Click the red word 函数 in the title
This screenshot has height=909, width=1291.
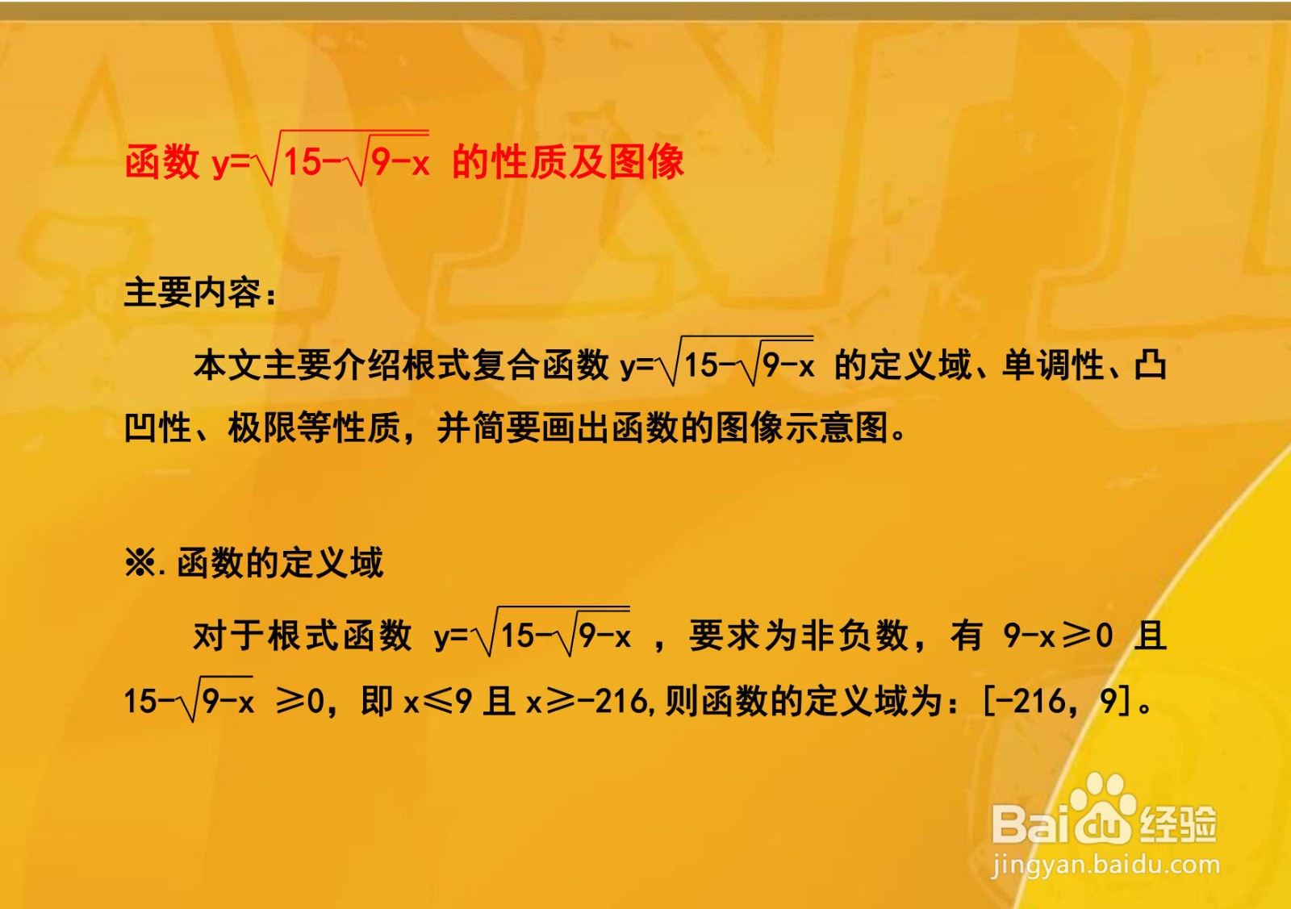pos(162,162)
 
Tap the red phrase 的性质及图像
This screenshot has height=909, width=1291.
pos(568,162)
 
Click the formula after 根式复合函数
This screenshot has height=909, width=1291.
pos(717,364)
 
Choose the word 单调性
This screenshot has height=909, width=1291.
pos(1052,365)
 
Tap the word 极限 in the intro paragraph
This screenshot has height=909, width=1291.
pos(262,427)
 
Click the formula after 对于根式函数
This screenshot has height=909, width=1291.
pos(533,635)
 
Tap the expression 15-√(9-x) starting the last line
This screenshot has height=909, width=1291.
pos(190,700)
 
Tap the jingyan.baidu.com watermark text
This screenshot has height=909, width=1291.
pos(1105,865)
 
